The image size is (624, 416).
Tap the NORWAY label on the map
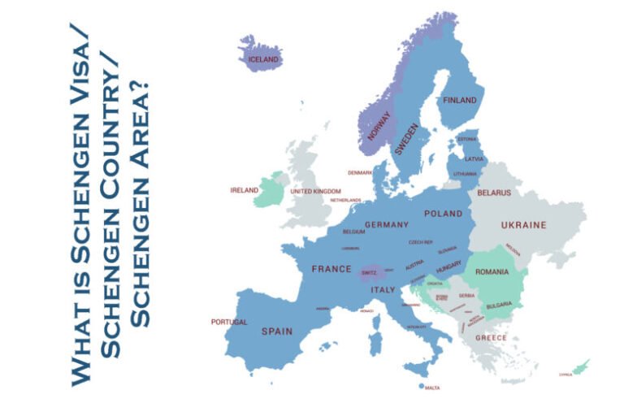[x=379, y=127]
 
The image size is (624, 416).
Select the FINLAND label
[x=460, y=100]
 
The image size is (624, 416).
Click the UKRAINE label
[x=523, y=224]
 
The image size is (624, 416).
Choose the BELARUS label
[x=494, y=193]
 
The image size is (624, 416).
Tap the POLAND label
[x=443, y=213]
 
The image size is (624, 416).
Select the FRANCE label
[x=331, y=268]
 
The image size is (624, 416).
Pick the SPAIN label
[x=276, y=331]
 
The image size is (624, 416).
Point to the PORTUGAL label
[x=229, y=322]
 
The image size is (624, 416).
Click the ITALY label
[x=383, y=289]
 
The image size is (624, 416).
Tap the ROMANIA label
[x=492, y=271]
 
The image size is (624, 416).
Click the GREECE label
[x=491, y=337]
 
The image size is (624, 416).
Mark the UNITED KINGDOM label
[x=316, y=191]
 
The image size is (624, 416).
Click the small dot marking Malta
[x=422, y=386]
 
